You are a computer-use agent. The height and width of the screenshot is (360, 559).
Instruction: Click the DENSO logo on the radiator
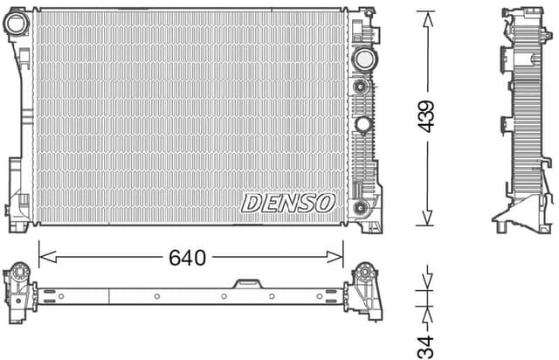click(287, 203)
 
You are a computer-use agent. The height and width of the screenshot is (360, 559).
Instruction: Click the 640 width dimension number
click(187, 258)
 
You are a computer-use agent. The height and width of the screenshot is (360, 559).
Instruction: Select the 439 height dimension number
click(425, 115)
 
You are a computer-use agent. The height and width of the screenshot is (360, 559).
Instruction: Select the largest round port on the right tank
click(362, 59)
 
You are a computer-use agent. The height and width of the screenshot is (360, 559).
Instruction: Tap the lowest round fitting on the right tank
click(360, 207)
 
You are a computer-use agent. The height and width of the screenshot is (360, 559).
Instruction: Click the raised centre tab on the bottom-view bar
click(247, 283)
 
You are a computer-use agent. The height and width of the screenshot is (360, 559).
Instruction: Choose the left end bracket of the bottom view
click(18, 288)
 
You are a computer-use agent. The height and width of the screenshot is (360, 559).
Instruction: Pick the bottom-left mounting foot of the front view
click(17, 221)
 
